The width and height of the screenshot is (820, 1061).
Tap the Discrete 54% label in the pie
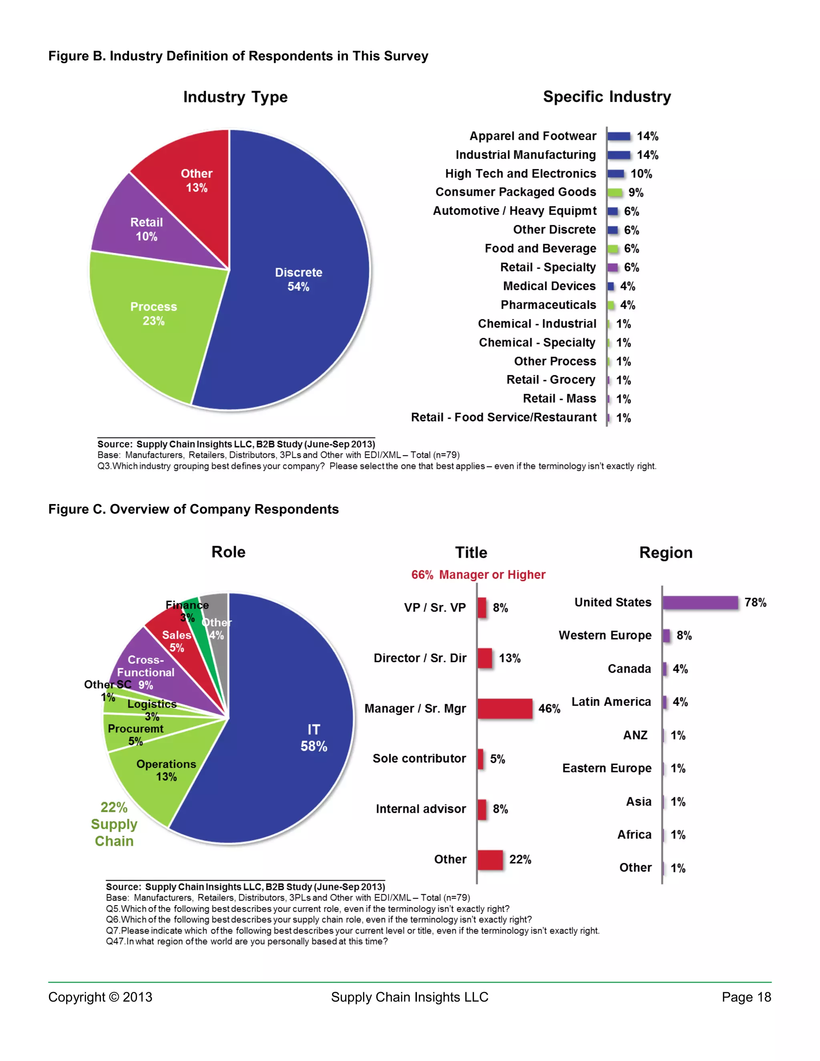tap(298, 279)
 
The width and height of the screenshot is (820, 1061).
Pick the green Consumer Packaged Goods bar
tap(615, 192)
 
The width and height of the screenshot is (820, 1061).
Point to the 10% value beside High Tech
tap(641, 174)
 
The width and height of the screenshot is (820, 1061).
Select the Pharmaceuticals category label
tap(548, 305)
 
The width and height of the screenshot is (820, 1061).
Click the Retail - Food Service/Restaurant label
tap(504, 418)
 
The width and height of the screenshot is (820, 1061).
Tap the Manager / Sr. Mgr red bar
tap(505, 708)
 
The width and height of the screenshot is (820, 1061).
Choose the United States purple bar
tap(700, 603)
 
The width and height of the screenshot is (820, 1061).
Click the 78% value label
tap(756, 603)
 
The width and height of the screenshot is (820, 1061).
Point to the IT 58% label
tap(314, 738)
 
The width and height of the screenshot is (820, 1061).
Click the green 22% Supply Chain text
tap(114, 824)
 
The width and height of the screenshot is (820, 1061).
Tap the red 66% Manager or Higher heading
tap(478, 575)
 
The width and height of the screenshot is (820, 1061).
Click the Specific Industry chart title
tap(607, 96)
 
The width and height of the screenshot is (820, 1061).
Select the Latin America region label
tap(611, 702)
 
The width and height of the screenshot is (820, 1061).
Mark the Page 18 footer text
tap(746, 997)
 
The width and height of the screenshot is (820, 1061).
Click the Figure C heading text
tap(193, 509)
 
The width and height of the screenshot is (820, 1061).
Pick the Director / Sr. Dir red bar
tap(485, 658)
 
